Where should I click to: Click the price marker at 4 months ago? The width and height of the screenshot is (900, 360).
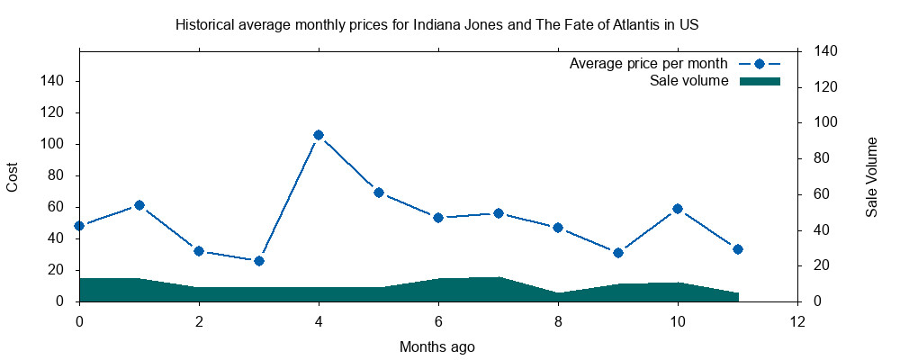(x=319, y=135)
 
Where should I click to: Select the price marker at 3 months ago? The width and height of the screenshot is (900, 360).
(x=259, y=261)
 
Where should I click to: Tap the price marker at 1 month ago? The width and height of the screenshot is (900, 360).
(x=139, y=205)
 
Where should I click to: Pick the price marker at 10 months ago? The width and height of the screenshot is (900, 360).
(x=678, y=209)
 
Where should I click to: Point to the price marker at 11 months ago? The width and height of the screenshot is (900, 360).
(x=738, y=249)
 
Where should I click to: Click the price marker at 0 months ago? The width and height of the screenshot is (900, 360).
(x=79, y=226)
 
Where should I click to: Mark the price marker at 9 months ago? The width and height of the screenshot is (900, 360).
(x=618, y=253)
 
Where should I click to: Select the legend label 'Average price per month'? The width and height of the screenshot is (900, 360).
(x=649, y=64)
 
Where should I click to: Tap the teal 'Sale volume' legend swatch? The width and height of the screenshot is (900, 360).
(x=760, y=82)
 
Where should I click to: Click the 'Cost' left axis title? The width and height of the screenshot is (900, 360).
(x=13, y=176)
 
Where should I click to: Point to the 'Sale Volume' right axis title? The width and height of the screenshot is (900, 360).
(x=871, y=177)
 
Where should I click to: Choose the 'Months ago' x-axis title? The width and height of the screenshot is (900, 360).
(x=437, y=346)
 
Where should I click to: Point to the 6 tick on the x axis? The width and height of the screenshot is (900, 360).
(x=438, y=320)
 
